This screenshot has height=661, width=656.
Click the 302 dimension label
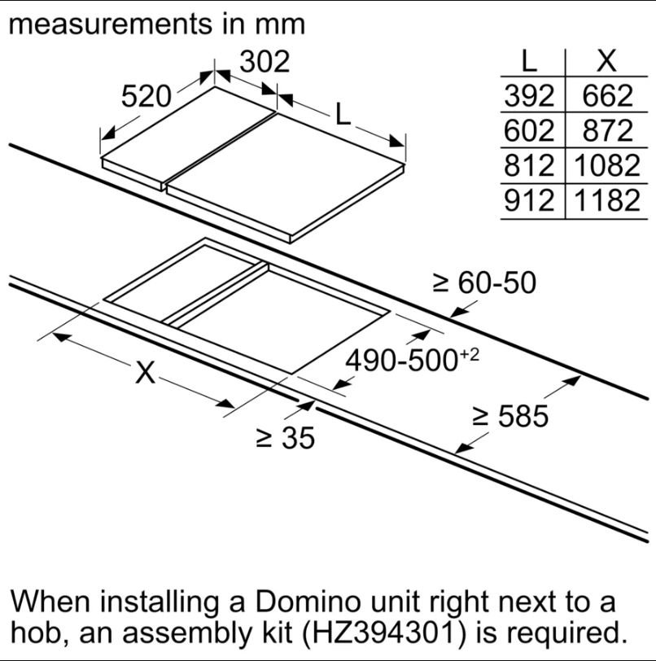265,62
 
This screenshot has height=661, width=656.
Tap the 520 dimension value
147,97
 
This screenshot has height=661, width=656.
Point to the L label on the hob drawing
343,114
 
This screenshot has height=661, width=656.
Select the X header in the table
606,61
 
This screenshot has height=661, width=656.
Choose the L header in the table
529,61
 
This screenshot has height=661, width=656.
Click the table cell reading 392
529,96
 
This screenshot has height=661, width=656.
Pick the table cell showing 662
607,96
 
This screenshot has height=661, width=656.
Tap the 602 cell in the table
529,131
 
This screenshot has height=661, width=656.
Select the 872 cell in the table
607,131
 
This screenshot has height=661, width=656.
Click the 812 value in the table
529,166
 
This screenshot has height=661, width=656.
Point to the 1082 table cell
607,166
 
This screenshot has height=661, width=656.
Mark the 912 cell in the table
529,200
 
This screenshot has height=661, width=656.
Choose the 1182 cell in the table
607,200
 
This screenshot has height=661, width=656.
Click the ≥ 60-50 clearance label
484,282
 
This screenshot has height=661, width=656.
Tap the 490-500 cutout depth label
413,360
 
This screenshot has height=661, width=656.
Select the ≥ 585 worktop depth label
510,417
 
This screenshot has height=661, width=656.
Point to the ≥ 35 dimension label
286,438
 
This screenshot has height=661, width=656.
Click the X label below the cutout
146,372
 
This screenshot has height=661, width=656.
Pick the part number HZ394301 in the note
383,633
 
